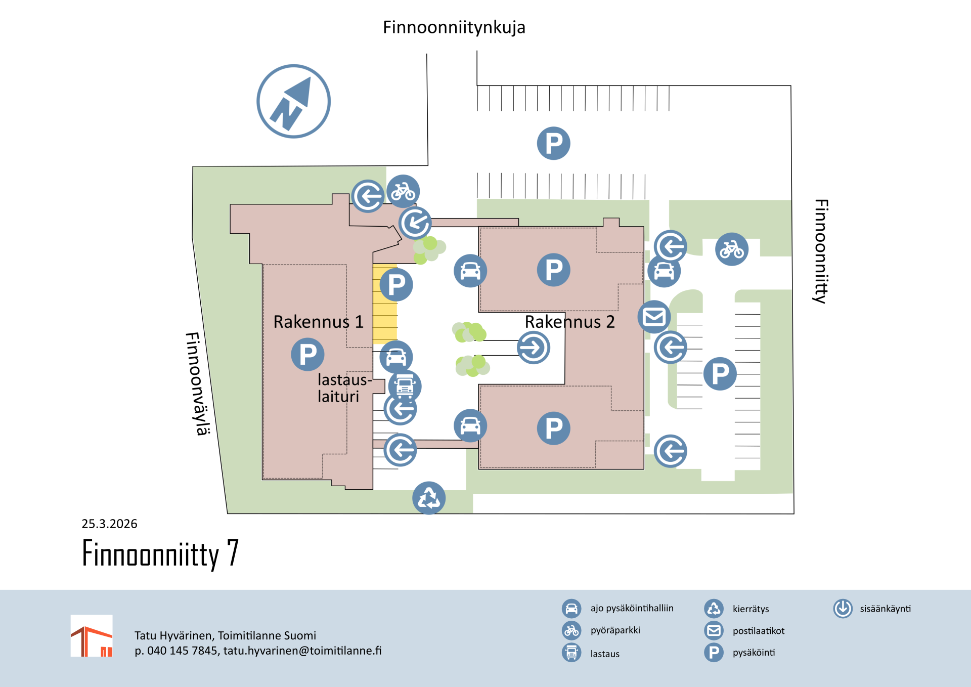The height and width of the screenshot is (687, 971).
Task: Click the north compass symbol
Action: coord(293,101)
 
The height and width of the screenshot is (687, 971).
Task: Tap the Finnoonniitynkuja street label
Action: coord(454,27)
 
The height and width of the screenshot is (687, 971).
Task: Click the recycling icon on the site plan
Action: coord(429,498)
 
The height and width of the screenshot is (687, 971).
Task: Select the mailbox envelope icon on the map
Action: coord(654,317)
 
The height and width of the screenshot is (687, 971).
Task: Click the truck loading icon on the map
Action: coord(405,386)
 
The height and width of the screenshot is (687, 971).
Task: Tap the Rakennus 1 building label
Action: coord(318,322)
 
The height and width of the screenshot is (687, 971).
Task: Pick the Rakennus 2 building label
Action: coord(569,322)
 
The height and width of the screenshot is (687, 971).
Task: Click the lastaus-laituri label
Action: coord(344,388)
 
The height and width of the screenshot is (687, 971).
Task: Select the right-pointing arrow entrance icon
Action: coord(534,348)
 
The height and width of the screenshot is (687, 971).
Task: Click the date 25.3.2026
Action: coord(109,524)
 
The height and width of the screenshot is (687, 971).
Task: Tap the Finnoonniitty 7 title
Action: coord(160,553)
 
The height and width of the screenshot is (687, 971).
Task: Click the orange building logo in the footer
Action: coord(92,636)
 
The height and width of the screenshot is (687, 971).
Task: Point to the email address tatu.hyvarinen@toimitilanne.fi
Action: coord(302,651)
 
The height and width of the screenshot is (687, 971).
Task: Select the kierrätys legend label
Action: coord(751,609)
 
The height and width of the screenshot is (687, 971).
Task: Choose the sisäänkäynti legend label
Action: coord(885,609)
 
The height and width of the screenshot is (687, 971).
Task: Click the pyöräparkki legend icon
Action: coord(571,630)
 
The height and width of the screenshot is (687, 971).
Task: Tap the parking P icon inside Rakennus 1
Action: coord(307,354)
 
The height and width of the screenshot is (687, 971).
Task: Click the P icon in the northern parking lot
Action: coord(554,143)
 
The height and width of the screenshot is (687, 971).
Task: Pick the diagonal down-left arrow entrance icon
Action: coord(415,223)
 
